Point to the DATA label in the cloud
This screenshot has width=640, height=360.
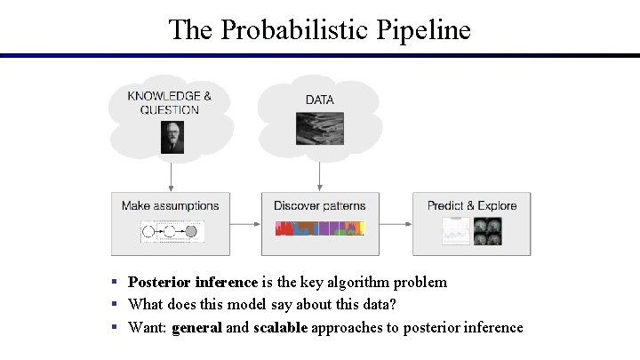point(319,100)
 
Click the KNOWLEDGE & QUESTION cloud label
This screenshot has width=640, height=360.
point(170,103)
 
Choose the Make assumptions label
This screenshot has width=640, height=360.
point(170,205)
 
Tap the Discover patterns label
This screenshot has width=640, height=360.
point(319,205)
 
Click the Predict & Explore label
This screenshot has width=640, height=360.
point(471,205)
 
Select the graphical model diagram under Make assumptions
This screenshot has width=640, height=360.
point(172,232)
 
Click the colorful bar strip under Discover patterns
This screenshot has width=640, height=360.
point(319,229)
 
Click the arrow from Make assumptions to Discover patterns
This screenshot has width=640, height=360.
point(245,224)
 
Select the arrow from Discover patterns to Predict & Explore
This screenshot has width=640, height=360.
point(395,224)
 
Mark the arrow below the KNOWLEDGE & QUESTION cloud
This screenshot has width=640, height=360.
point(170,172)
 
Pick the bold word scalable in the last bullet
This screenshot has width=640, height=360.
point(280,327)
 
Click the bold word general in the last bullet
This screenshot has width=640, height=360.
point(196,327)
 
